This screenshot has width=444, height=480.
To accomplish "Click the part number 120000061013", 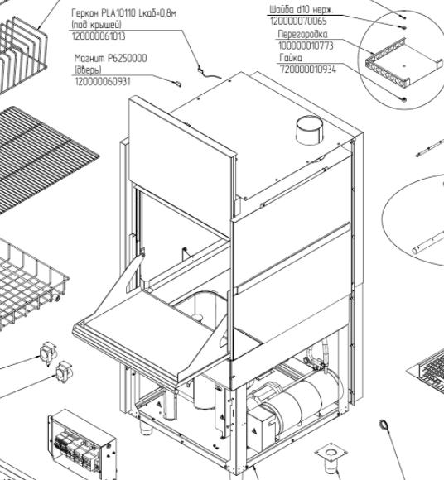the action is click(x=99, y=36).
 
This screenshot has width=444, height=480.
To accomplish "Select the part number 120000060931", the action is click(x=103, y=81).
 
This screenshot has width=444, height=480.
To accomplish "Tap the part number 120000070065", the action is click(x=298, y=22).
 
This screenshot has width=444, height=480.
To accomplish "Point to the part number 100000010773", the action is click(x=306, y=46).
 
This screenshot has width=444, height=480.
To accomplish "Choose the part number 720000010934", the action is click(x=308, y=70).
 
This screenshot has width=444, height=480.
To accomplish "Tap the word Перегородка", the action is click(x=302, y=34).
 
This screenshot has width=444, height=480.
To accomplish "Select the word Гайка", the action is click(x=291, y=58).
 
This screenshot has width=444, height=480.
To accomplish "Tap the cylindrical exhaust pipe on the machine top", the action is click(x=309, y=130).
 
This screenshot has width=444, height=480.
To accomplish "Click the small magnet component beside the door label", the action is click(x=177, y=84).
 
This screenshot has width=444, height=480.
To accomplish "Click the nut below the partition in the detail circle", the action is click(x=403, y=99).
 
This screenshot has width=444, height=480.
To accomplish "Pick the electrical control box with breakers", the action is click(x=82, y=444).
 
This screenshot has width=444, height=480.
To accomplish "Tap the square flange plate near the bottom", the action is click(x=331, y=453).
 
